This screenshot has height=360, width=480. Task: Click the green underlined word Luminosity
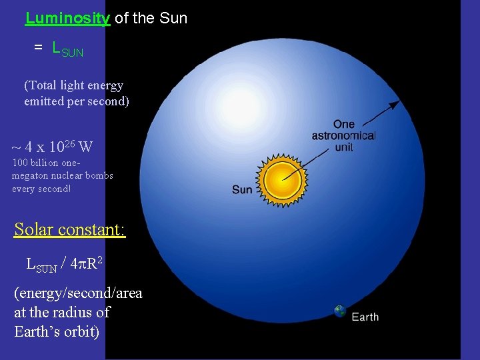67,18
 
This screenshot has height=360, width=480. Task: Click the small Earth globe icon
340,311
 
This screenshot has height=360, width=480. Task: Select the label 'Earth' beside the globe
365,317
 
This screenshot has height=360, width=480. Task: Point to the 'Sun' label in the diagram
242,190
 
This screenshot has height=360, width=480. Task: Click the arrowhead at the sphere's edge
396,104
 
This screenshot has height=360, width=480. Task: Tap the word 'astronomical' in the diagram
343,136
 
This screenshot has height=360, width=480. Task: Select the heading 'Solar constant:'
70,229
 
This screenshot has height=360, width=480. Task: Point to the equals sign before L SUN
39,47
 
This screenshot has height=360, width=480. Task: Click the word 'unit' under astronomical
344,147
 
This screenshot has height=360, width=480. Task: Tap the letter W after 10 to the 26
85,147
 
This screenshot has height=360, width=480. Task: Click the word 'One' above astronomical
344,124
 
